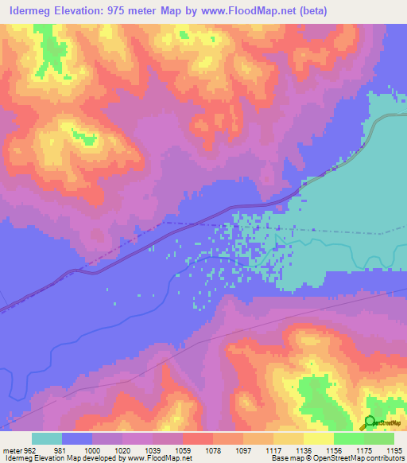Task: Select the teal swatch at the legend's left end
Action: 47,438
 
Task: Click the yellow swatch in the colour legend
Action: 319,438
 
